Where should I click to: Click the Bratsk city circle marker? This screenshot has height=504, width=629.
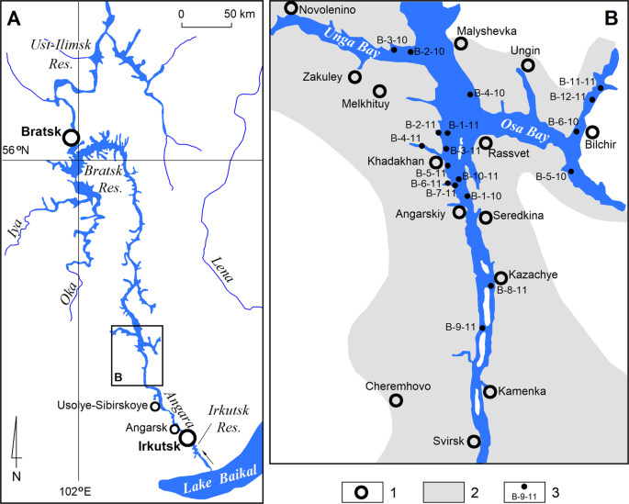point(72,138)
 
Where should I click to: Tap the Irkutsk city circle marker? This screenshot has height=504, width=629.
point(188,439)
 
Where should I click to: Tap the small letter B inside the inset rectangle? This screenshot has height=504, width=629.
point(118,375)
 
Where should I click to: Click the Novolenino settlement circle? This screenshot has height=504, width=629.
point(292,8)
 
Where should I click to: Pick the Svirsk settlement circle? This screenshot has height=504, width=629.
point(474,442)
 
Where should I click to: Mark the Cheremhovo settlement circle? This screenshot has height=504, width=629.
point(396,400)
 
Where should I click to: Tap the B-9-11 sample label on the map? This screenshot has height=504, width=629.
point(459,327)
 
